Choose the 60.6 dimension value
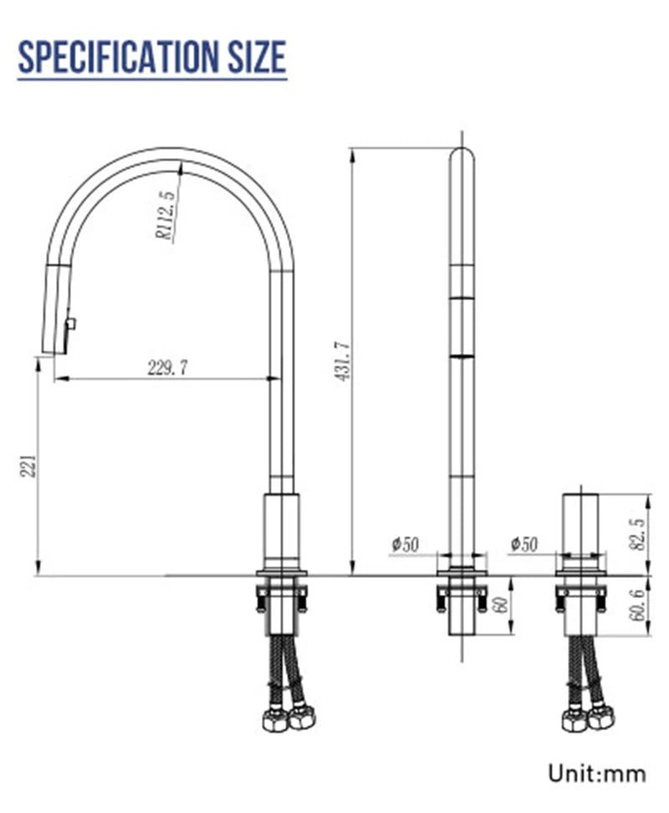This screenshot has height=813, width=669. [x=637, y=606]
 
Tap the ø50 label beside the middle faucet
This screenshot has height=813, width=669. [x=405, y=545]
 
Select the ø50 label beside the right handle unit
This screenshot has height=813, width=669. [x=524, y=545]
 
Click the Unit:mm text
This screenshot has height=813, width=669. [x=597, y=773]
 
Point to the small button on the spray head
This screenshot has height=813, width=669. [x=71, y=323]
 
